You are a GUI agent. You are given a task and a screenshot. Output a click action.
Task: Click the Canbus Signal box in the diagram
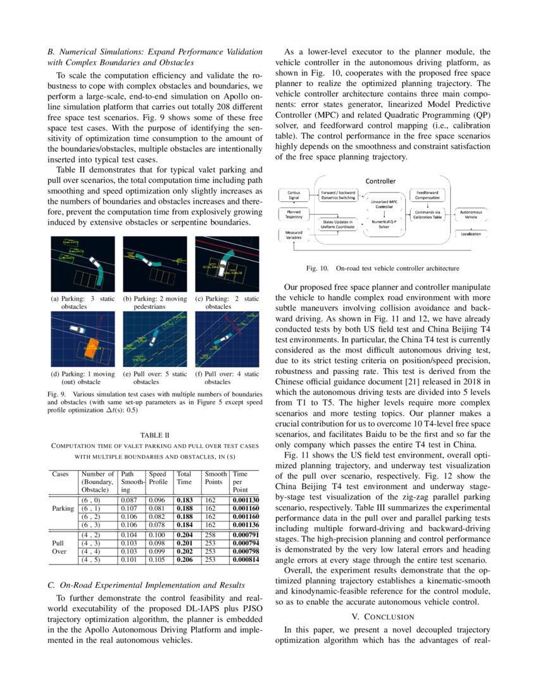tap(294, 194)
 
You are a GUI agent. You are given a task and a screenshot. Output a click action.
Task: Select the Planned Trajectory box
tap(294, 213)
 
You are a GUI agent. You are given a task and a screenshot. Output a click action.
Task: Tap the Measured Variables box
tap(294, 235)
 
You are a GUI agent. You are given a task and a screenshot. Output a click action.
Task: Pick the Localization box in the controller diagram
tap(471, 234)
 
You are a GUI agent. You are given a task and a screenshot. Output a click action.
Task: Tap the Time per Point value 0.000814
tap(246, 559)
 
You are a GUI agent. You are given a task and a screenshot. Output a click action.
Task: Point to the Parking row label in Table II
tap(63, 508)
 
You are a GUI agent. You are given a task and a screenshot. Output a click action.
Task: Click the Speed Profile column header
tap(158, 477)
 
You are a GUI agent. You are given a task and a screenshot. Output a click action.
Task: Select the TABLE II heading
tap(154, 435)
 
